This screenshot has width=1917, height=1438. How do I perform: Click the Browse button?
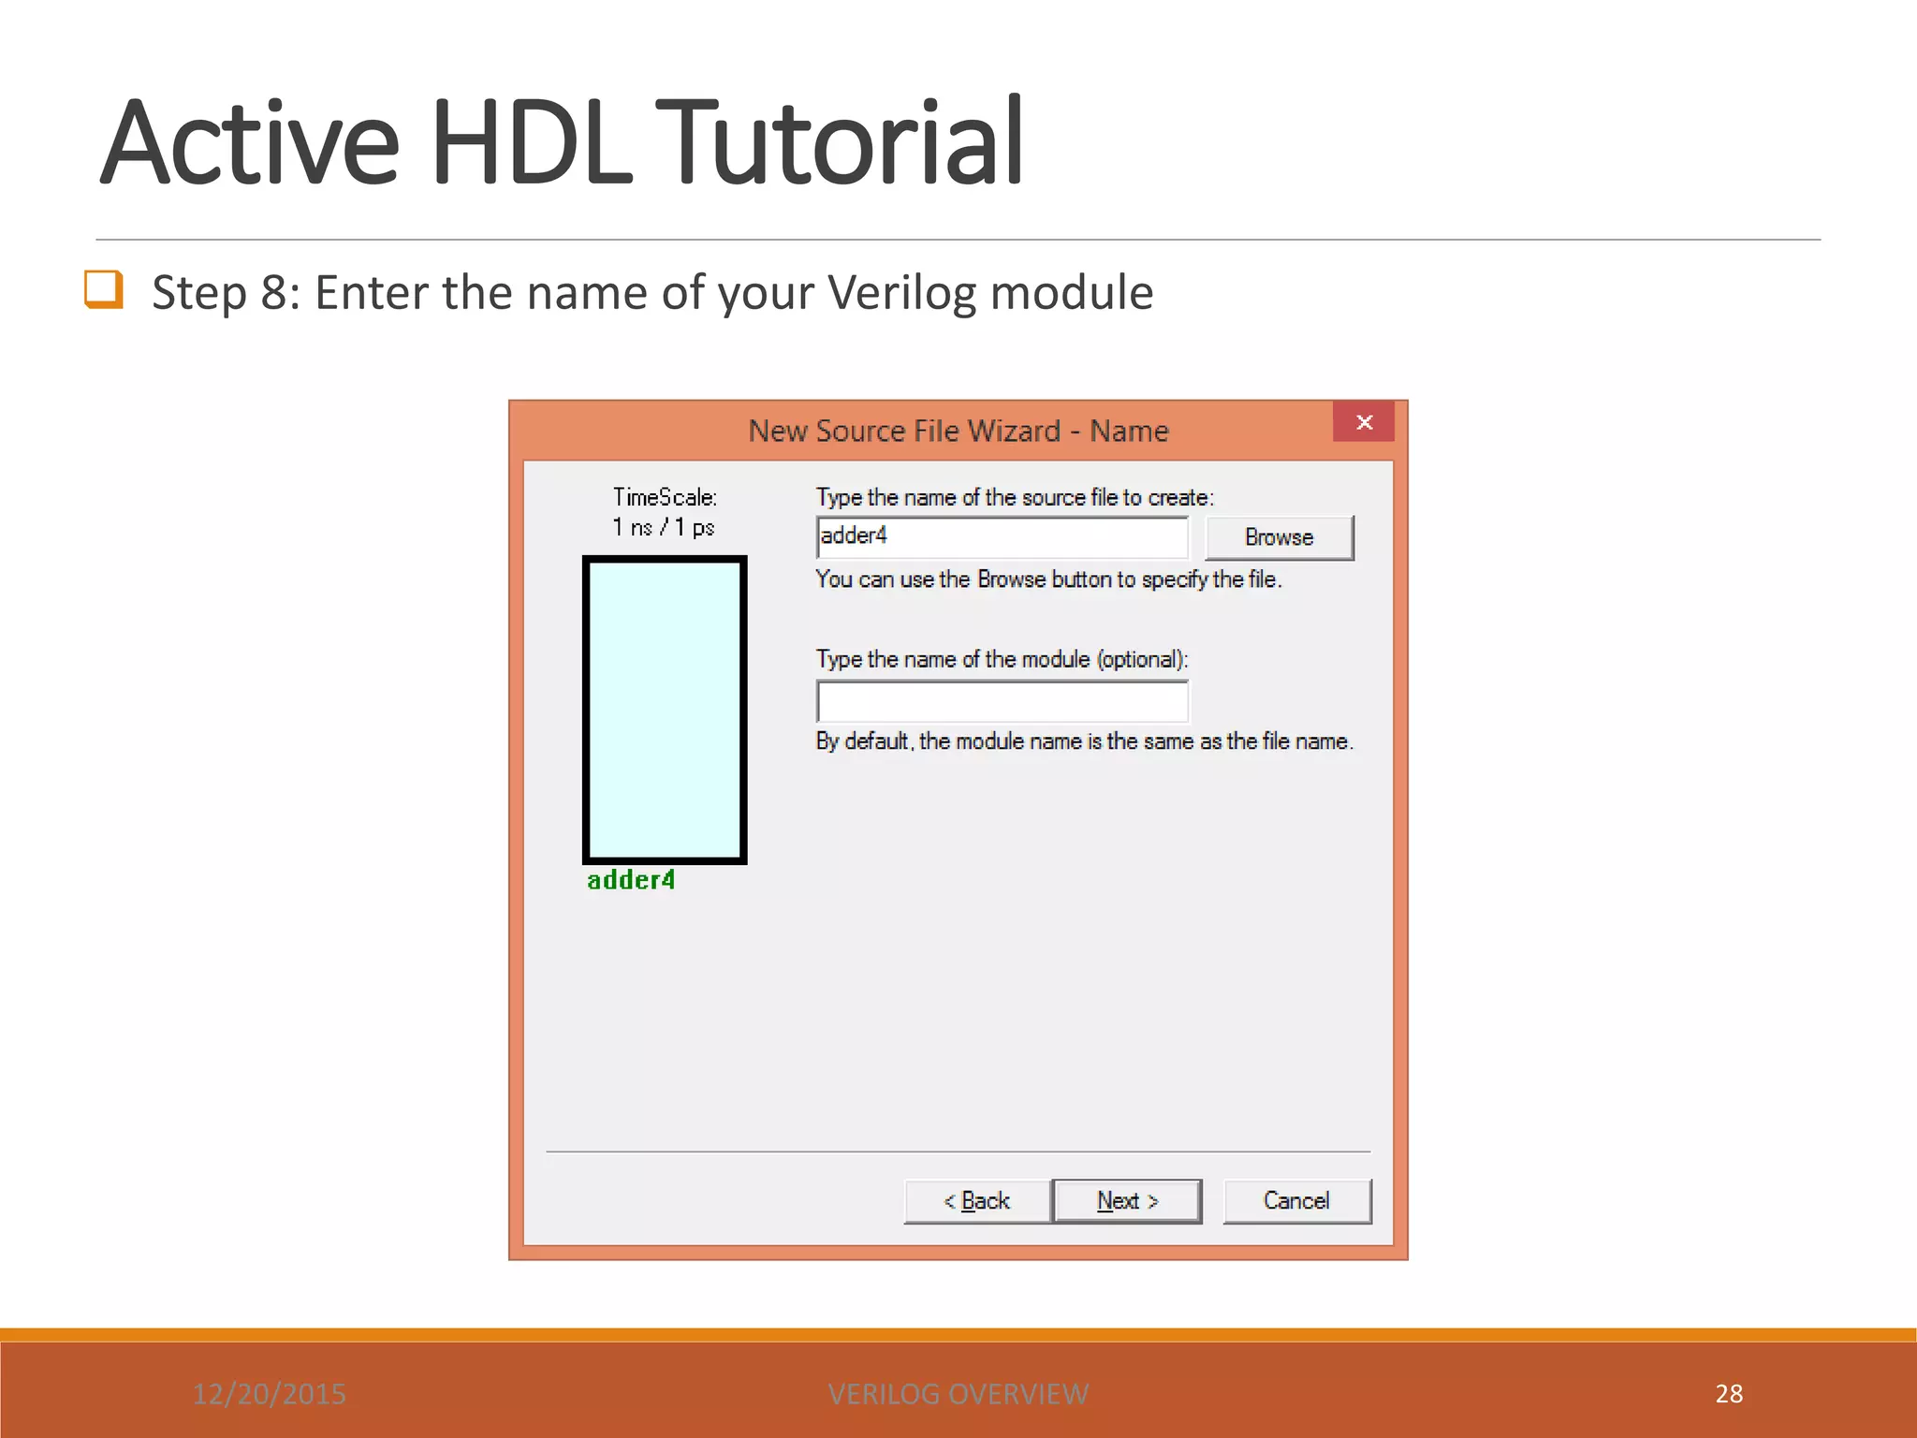[x=1279, y=537]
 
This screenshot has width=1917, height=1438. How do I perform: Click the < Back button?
[x=976, y=1200]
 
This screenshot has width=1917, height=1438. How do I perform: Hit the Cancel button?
[x=1296, y=1200]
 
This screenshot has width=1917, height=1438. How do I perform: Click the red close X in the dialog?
[x=1364, y=422]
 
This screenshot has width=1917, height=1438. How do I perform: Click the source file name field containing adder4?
[x=1002, y=536]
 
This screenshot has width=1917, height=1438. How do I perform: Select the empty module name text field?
[x=1002, y=701]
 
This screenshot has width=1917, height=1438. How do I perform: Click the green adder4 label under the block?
[x=631, y=880]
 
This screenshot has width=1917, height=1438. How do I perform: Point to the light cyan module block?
[x=665, y=709]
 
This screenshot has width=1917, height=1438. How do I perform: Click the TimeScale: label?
[x=665, y=497]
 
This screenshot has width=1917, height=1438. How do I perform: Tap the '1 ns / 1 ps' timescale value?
[x=664, y=527]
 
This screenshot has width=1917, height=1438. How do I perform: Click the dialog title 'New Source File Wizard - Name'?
[x=958, y=431]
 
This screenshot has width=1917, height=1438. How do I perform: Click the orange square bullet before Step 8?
[x=104, y=289]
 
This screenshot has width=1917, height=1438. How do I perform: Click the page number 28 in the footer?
[x=1729, y=1393]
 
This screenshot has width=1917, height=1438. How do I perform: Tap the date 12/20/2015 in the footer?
[x=270, y=1394]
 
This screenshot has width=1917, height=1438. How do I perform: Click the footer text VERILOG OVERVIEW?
[x=958, y=1394]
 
